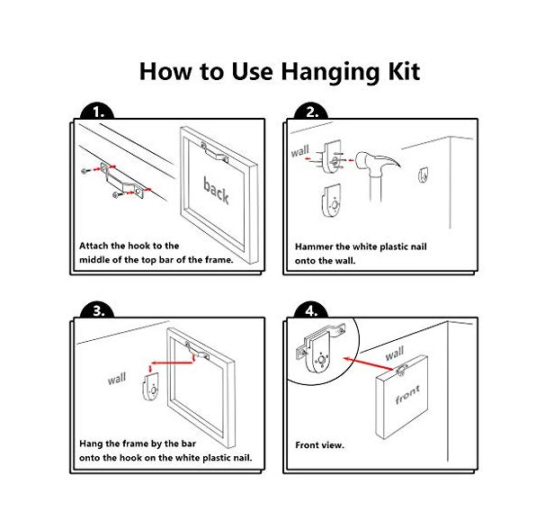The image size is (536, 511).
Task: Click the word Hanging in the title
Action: pyautogui.click(x=329, y=73)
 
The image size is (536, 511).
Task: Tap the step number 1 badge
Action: pyautogui.click(x=98, y=112)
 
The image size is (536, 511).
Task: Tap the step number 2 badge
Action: pyautogui.click(x=311, y=112)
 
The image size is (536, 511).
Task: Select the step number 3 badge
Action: pyautogui.click(x=98, y=310)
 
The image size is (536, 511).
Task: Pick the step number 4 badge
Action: pyautogui.click(x=311, y=310)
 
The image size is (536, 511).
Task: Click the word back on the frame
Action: pyautogui.click(x=216, y=190)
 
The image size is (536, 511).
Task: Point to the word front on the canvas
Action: pyautogui.click(x=407, y=395)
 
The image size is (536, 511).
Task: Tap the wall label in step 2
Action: pyautogui.click(x=299, y=151)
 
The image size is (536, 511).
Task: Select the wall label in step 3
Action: pyautogui.click(x=117, y=379)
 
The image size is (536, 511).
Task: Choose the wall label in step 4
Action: pyautogui.click(x=395, y=354)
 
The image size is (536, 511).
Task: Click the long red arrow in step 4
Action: pyautogui.click(x=369, y=364)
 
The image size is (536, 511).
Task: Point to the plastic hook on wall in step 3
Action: pyautogui.click(x=151, y=387)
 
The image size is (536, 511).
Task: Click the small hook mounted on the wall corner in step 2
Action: pyautogui.click(x=424, y=175)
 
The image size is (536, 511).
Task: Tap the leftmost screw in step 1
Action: pyautogui.click(x=85, y=170)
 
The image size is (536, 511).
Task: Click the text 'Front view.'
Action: pyautogui.click(x=319, y=445)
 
